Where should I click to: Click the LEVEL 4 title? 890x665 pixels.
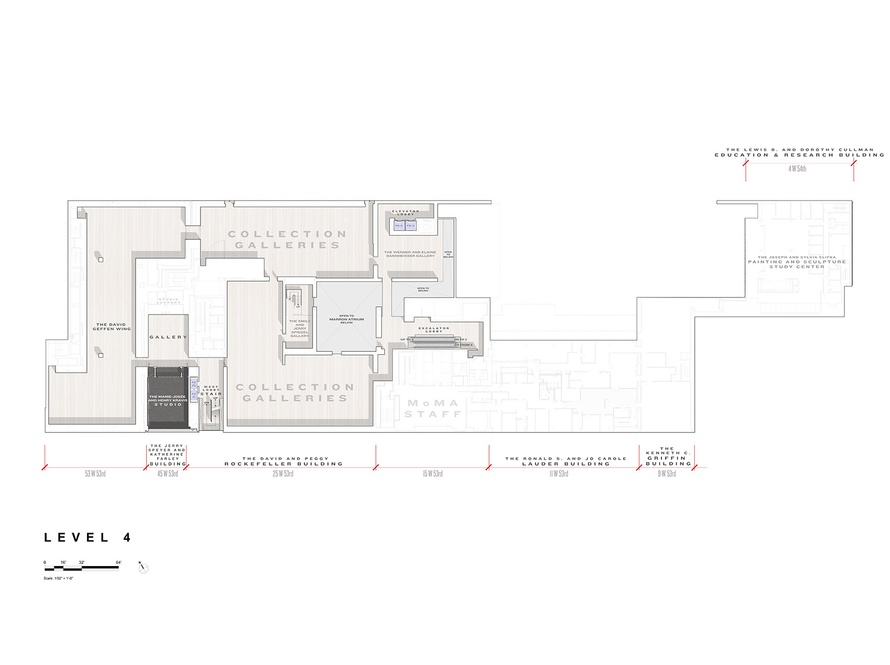(87, 537)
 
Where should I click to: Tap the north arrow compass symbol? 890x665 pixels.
(143, 568)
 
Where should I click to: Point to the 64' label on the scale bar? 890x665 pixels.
(118, 562)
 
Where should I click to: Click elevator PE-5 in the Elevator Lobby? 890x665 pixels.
(399, 226)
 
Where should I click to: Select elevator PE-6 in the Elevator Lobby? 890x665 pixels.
(410, 226)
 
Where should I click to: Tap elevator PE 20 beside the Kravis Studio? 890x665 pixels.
(194, 384)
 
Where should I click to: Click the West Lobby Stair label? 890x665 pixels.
(211, 390)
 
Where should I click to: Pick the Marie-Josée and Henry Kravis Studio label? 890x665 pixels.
(168, 401)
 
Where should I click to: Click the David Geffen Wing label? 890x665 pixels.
(112, 327)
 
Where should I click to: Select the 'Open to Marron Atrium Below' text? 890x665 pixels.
(347, 319)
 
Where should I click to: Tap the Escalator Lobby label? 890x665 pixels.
(434, 329)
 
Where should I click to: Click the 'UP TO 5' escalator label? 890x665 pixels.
(407, 339)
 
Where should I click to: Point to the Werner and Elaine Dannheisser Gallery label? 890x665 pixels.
(410, 254)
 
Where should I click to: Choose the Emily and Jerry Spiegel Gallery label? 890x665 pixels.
(299, 328)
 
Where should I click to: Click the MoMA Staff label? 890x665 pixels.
(432, 408)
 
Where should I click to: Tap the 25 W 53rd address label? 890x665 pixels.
(283, 474)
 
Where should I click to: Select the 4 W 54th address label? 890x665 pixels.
(797, 169)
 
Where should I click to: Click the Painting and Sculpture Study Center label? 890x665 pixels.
(797, 262)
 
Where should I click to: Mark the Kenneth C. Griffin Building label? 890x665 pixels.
(667, 456)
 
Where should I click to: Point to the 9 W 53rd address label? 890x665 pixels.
(667, 474)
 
